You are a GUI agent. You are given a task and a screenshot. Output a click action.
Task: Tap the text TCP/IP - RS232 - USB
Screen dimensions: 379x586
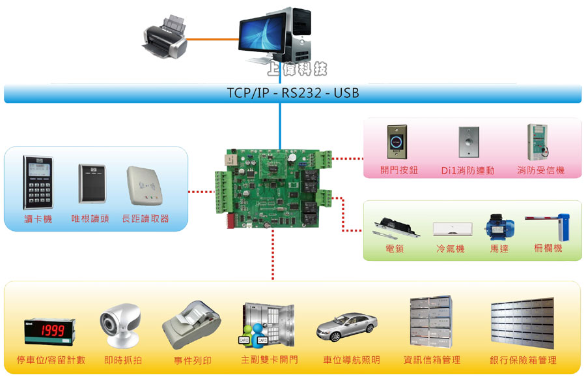292,93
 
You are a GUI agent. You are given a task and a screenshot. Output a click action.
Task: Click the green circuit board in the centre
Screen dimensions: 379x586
273,189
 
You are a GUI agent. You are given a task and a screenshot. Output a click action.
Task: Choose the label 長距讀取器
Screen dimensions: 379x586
145,219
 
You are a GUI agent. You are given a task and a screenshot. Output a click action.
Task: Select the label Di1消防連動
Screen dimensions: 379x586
467,171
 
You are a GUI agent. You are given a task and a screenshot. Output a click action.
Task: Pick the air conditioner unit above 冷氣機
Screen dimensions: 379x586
453,229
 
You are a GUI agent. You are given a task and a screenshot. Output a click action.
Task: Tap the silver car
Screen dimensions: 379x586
347,326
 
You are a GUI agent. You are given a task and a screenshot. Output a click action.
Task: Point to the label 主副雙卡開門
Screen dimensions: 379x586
269,360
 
